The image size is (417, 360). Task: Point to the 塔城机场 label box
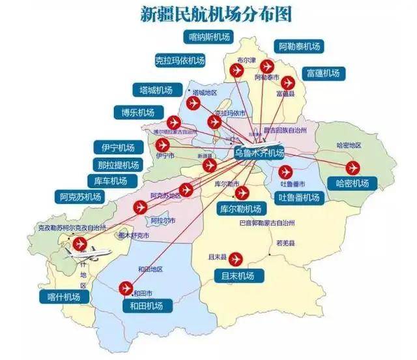pyautogui.click(x=156, y=89)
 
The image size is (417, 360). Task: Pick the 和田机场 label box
pyautogui.click(x=147, y=305)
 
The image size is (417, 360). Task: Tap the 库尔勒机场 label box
pyautogui.click(x=241, y=209)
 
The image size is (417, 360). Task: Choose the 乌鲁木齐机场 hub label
pyautogui.click(x=259, y=153)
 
